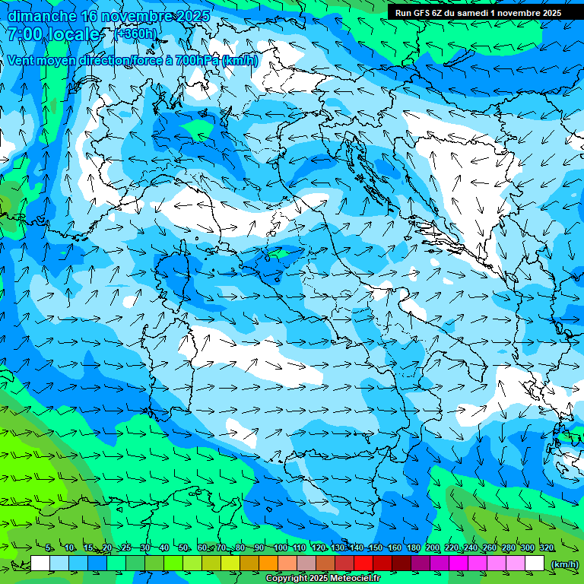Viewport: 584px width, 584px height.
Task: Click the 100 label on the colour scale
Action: [x=281, y=548]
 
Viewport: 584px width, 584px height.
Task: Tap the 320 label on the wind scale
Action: [x=547, y=548]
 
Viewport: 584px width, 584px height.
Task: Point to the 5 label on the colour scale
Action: [x=49, y=548]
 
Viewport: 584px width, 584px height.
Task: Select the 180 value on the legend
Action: [x=414, y=548]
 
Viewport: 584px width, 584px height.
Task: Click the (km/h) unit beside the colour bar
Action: [x=563, y=564]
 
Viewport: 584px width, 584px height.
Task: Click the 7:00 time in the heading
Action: [x=25, y=34]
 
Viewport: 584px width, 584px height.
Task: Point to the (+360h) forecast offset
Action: [x=136, y=34]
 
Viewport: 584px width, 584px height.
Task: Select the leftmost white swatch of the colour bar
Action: [x=40, y=563]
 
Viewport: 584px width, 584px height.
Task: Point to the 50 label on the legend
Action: [x=185, y=548]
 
